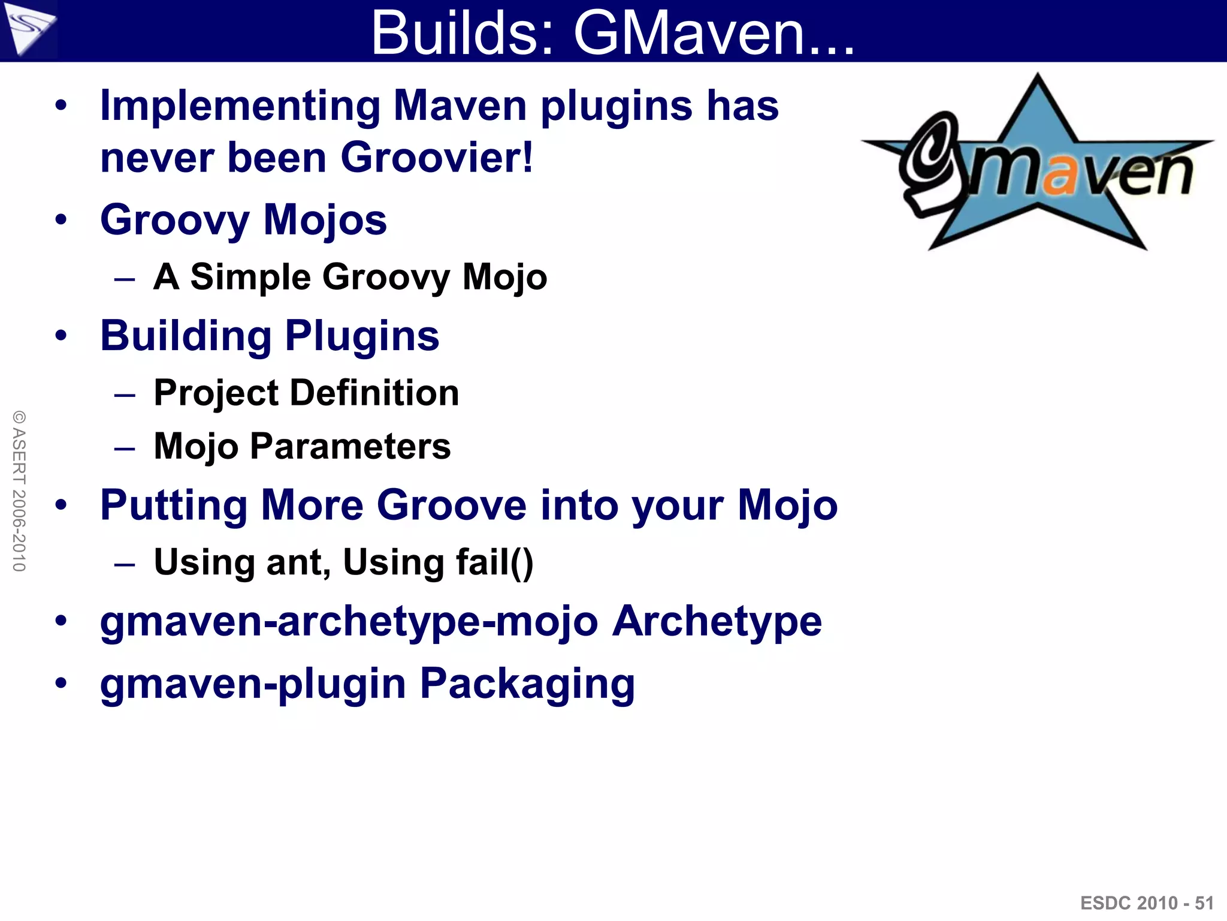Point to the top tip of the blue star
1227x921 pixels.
(1037, 77)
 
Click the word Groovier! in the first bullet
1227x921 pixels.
(437, 158)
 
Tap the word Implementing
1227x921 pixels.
(240, 106)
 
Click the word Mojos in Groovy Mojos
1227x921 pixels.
(325, 220)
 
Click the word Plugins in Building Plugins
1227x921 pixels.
(362, 336)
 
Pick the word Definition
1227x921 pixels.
(374, 393)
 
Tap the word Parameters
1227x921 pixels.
(350, 447)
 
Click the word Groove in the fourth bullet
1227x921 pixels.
(452, 505)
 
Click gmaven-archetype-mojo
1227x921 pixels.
(349, 621)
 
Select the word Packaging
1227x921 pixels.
(527, 684)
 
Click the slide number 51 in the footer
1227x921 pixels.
(1204, 903)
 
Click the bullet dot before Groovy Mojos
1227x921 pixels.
(61, 219)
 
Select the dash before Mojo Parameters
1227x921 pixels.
(125, 447)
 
